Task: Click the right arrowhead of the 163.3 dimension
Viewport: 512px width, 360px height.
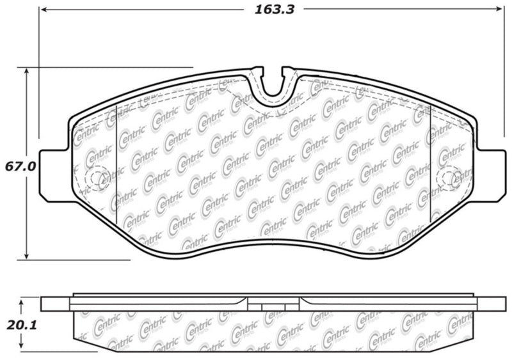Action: [501, 10]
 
